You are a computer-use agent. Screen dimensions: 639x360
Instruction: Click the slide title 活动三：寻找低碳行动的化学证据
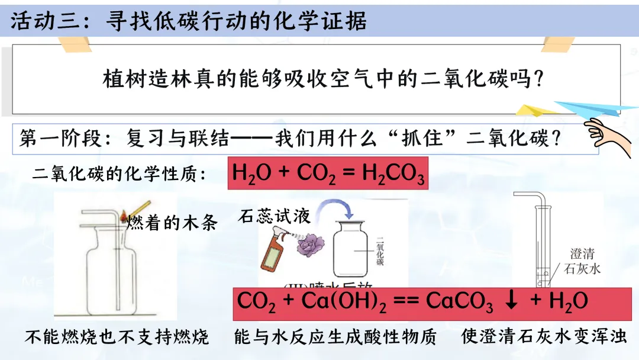point(189,21)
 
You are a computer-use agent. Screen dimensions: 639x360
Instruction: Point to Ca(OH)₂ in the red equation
point(344,301)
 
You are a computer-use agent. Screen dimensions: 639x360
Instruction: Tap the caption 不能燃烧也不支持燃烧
point(117,337)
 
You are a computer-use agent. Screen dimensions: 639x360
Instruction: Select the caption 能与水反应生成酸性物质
point(335,337)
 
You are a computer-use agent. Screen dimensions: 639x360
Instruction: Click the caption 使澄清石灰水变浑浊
point(544,337)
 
